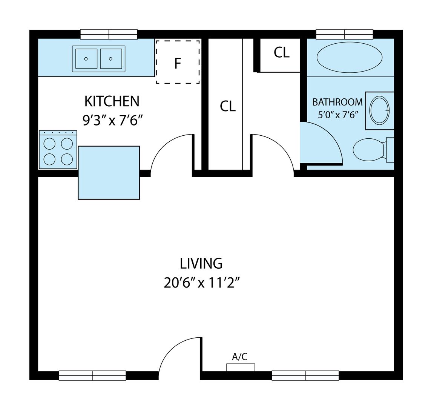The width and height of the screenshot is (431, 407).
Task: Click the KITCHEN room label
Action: pos(112,101)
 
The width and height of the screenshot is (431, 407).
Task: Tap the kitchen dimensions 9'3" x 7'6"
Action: pos(113,120)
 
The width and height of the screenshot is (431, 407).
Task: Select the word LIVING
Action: pos(201,263)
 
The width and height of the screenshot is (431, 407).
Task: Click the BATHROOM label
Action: pos(337,102)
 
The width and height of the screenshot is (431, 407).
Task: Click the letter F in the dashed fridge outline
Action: pos(178,63)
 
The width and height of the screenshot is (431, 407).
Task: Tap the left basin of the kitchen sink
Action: pos(86,59)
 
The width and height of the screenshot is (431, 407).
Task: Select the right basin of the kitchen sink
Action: pos(111,59)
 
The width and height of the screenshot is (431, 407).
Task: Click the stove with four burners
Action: pos(58,149)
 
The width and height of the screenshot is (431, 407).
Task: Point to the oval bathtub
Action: pos(350,57)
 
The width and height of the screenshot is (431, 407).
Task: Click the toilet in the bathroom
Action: pos(373,150)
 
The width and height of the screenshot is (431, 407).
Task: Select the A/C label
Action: pos(240,357)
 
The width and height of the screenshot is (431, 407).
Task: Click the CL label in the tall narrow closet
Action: pos(228,106)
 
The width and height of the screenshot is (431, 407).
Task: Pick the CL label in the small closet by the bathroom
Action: pos(281,52)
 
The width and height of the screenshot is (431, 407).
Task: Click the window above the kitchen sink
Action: pos(109,34)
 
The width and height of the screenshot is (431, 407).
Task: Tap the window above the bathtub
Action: pos(344,34)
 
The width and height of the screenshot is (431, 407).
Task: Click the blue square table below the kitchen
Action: pos(109,173)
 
